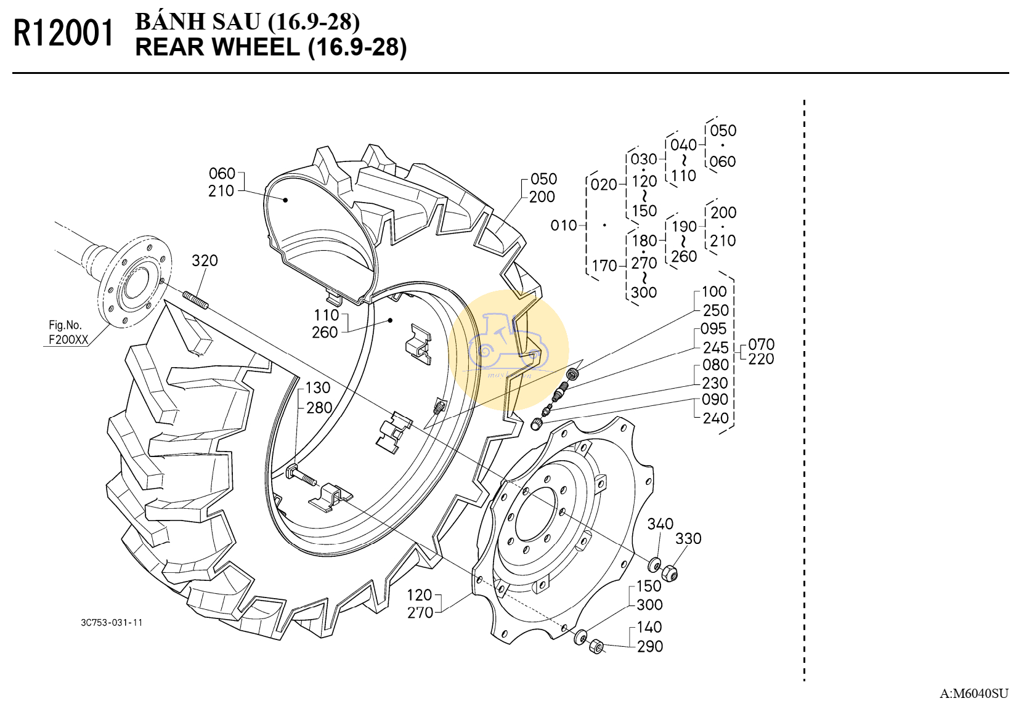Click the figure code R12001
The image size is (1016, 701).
63,33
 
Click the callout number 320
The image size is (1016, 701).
205,261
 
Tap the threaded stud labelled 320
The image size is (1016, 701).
195,301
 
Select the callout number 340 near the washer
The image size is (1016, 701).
660,524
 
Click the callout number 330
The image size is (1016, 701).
688,538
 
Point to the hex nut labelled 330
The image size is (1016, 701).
670,573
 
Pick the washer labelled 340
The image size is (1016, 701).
654,565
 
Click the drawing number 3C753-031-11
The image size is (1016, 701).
112,623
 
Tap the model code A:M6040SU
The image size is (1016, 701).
973,693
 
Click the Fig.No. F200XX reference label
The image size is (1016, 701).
68,333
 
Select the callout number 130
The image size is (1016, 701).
317,388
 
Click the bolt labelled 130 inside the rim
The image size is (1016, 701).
301,476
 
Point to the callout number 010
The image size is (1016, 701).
563,225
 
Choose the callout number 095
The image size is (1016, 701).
713,329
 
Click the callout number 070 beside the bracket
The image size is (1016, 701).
761,344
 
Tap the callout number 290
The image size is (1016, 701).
650,647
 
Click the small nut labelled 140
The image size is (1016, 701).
596,646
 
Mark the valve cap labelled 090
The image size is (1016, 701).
537,424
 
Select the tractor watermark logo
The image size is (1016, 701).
508,350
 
